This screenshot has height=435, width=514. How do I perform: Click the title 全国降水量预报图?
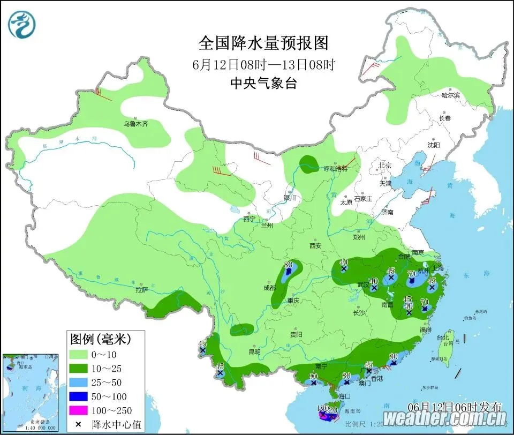pyautogui.click(x=263, y=42)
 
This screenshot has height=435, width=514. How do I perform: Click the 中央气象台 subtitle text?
pyautogui.click(x=263, y=83)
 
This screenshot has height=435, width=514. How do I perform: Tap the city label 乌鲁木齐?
pyautogui.click(x=135, y=124)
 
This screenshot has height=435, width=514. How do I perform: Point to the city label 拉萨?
pyautogui.click(x=141, y=290)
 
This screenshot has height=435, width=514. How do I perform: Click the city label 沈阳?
pyautogui.click(x=433, y=145)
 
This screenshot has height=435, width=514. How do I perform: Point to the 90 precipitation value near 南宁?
pyautogui.click(x=313, y=376)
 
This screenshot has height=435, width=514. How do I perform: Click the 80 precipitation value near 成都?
pyautogui.click(x=288, y=264)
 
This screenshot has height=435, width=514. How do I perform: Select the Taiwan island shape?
pyautogui.click(x=444, y=347)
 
